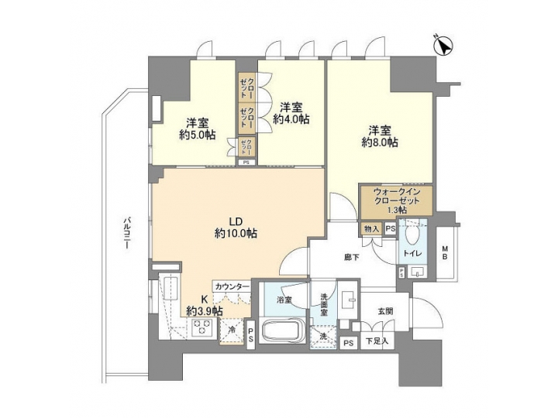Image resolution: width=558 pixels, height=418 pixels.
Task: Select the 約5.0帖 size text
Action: (x=196, y=135)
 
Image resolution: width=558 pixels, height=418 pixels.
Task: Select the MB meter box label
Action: (x=445, y=253)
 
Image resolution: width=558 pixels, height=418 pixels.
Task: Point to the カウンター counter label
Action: (x=232, y=286)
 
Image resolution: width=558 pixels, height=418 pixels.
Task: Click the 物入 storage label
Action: (x=371, y=228)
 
